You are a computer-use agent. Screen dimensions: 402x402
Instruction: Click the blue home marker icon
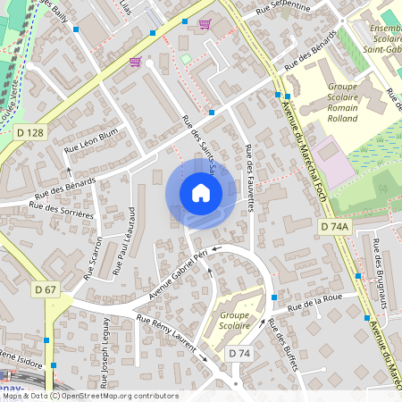pos(201,192)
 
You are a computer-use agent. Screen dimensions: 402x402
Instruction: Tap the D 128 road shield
pos(30,133)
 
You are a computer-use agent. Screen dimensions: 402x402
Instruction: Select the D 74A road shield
pos(335,228)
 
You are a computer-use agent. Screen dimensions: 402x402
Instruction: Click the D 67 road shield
pos(46,289)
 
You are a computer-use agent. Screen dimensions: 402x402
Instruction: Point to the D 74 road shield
pos(239,354)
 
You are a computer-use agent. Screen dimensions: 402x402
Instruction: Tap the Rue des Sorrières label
pos(61,210)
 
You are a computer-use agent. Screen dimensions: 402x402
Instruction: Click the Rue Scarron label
pos(94,258)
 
